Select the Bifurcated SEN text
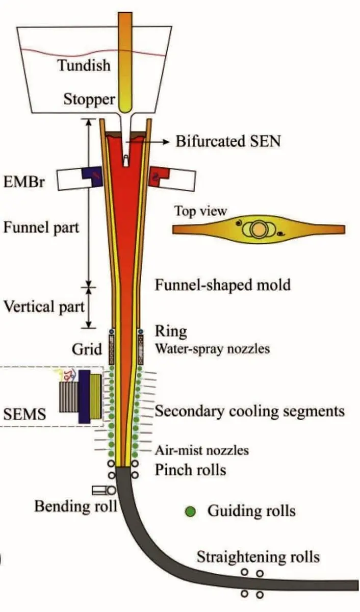pos(228,141)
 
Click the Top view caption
pos(200,211)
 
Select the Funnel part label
pos(41,227)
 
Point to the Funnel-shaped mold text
pos(223,285)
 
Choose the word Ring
pos(171,331)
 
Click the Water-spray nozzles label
pos(212,349)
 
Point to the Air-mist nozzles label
pos(202,450)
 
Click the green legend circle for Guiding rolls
pos(191,511)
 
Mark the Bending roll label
pos(75,506)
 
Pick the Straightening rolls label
pos(258,556)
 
